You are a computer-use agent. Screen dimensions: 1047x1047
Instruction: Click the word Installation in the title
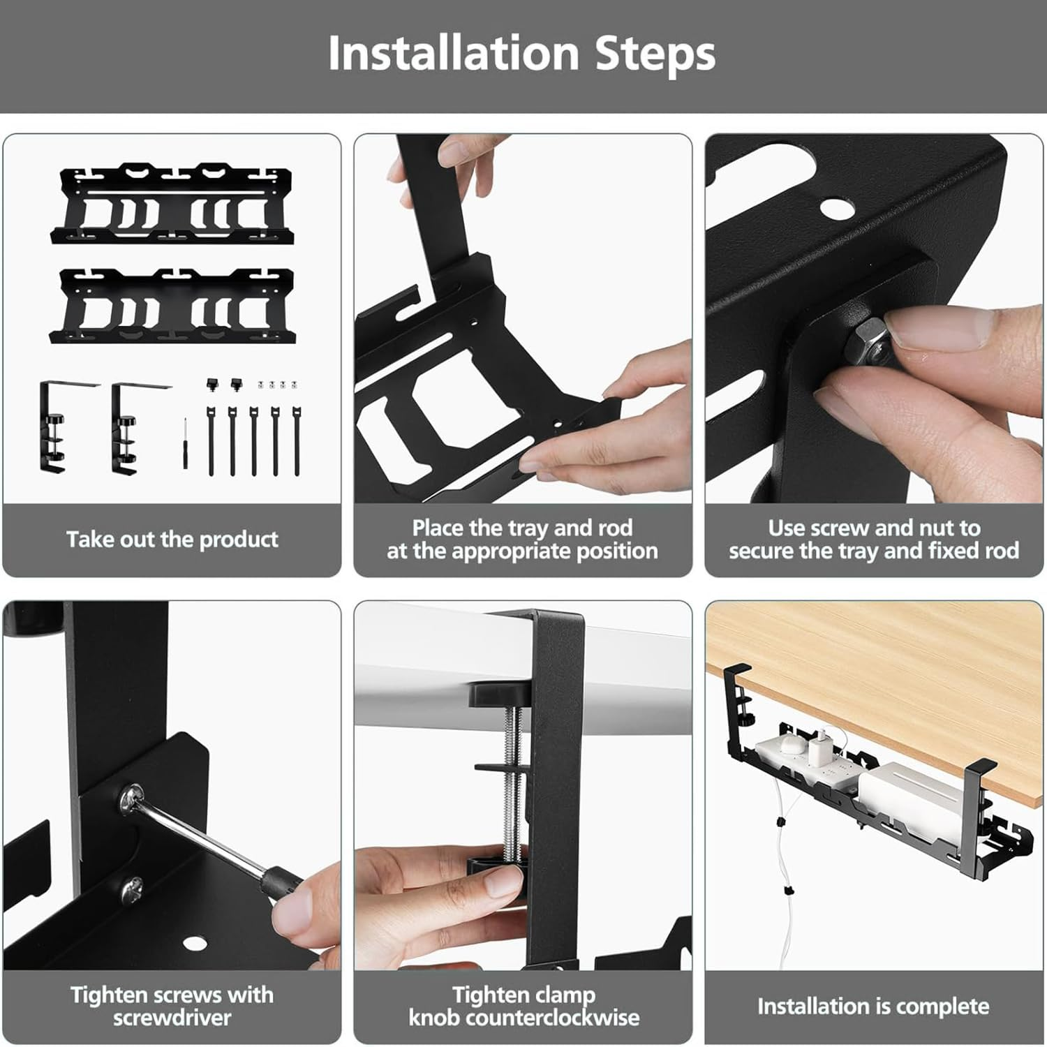coord(453,54)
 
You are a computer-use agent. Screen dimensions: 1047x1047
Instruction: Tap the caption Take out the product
coord(172,539)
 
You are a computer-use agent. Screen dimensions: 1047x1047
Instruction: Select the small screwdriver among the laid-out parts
coord(185,443)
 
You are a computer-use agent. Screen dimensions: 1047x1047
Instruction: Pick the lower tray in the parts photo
coord(172,306)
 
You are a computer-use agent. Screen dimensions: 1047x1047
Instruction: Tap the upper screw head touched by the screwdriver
coord(131,797)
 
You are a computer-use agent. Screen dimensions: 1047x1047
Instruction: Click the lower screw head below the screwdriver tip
coord(132,889)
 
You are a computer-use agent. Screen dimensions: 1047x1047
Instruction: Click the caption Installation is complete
coord(873,1006)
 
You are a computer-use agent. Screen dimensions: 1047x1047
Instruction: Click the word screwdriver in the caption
coord(172,1017)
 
